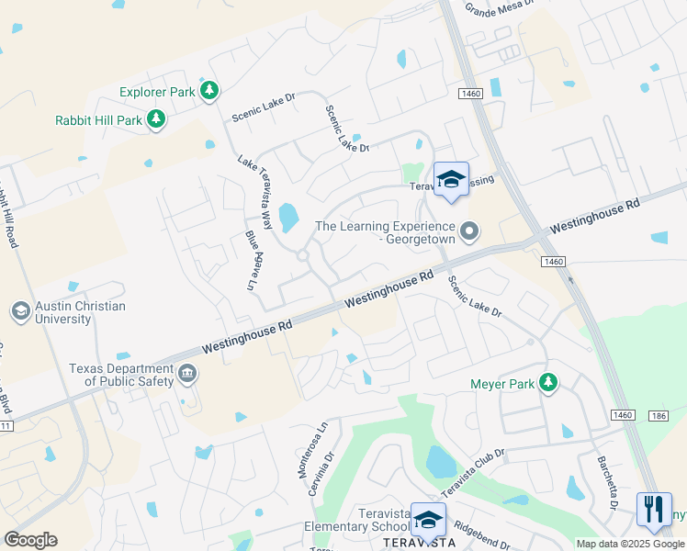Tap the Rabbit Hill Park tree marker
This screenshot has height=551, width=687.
(x=157, y=118)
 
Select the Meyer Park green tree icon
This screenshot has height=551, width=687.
(x=548, y=382)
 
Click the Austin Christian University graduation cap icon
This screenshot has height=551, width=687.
(x=19, y=311)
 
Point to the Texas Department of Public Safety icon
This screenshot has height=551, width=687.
(x=187, y=374)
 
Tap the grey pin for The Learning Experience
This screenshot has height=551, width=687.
(x=469, y=231)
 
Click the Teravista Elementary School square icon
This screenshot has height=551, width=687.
(x=427, y=520)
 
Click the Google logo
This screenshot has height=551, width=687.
(x=30, y=540)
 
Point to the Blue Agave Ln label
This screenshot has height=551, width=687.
(x=253, y=259)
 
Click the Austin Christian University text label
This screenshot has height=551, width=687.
(x=80, y=312)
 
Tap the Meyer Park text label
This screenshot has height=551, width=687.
(x=501, y=384)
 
